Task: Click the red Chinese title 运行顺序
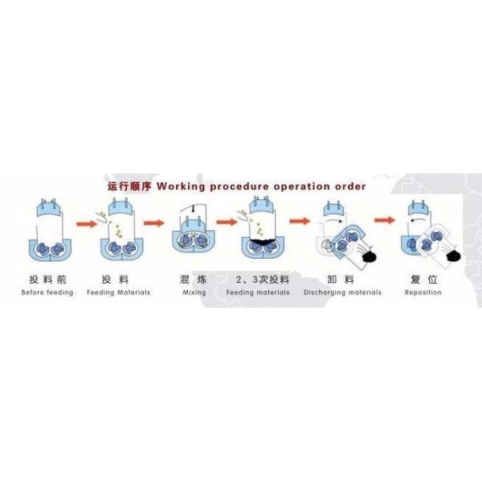[130, 186]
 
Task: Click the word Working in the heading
[182, 186]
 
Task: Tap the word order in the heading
[350, 186]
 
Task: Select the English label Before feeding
[47, 292]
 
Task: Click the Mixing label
[194, 292]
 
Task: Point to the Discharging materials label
[342, 292]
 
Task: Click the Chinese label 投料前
[47, 280]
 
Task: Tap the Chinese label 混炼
[193, 280]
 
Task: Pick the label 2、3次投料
[263, 280]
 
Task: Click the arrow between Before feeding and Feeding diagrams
[85, 224]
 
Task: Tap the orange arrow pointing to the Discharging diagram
[300, 220]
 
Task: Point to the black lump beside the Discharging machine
[370, 255]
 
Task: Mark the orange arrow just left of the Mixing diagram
[153, 224]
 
